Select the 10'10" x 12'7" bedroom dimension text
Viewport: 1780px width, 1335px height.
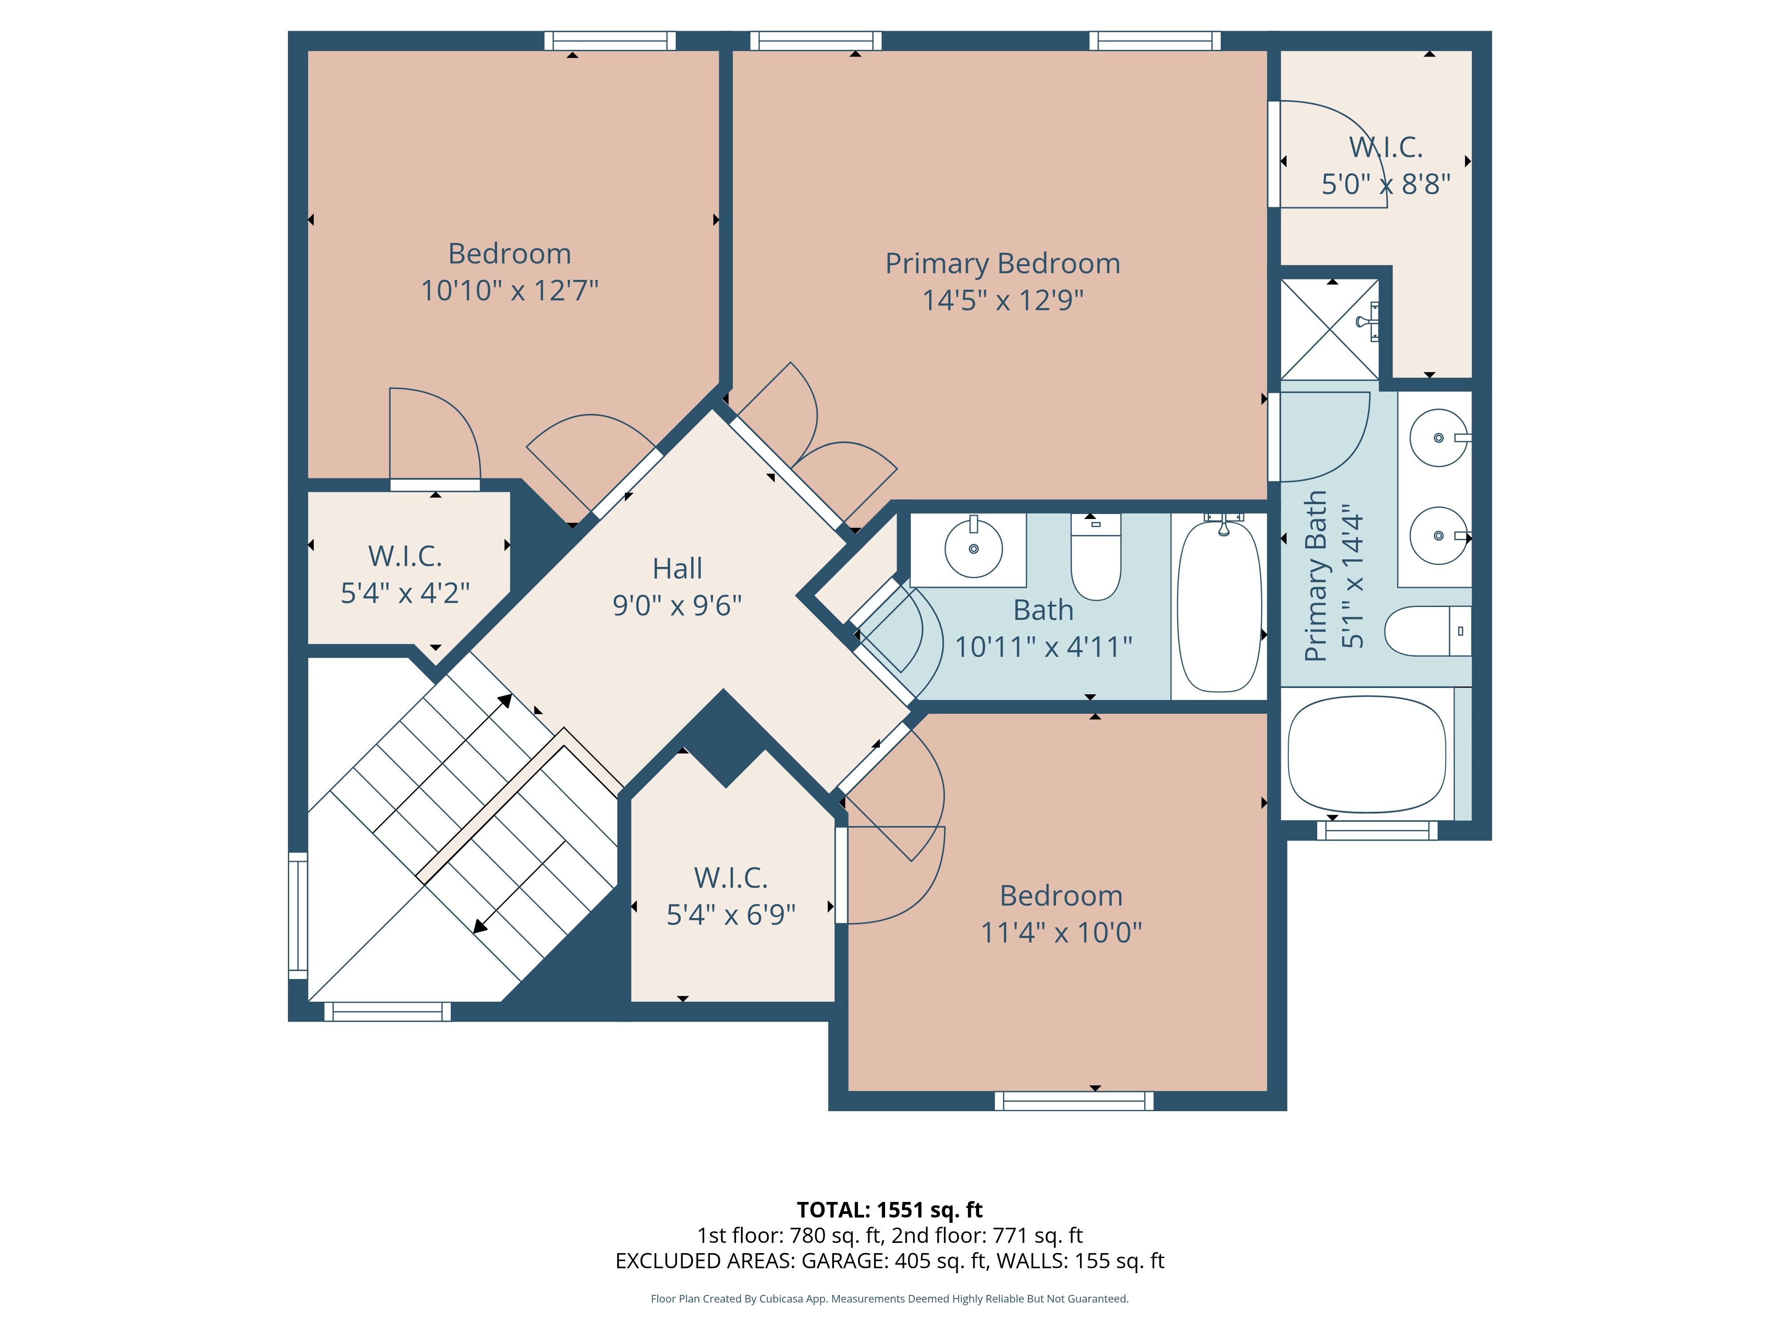pyautogui.click(x=510, y=291)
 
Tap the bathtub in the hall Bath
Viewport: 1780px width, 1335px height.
pyautogui.click(x=1219, y=605)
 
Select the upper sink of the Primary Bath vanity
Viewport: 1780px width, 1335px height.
pyautogui.click(x=1439, y=438)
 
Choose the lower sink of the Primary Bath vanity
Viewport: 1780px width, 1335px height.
pyautogui.click(x=1439, y=535)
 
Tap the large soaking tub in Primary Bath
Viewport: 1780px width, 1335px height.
pyautogui.click(x=1367, y=754)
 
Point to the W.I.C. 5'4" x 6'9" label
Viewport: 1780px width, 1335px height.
pyautogui.click(x=731, y=896)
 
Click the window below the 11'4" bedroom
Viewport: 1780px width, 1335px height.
pyautogui.click(x=1074, y=1101)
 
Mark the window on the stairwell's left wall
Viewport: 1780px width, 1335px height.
pyautogui.click(x=298, y=916)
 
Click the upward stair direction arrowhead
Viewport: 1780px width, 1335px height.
pyautogui.click(x=506, y=700)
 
